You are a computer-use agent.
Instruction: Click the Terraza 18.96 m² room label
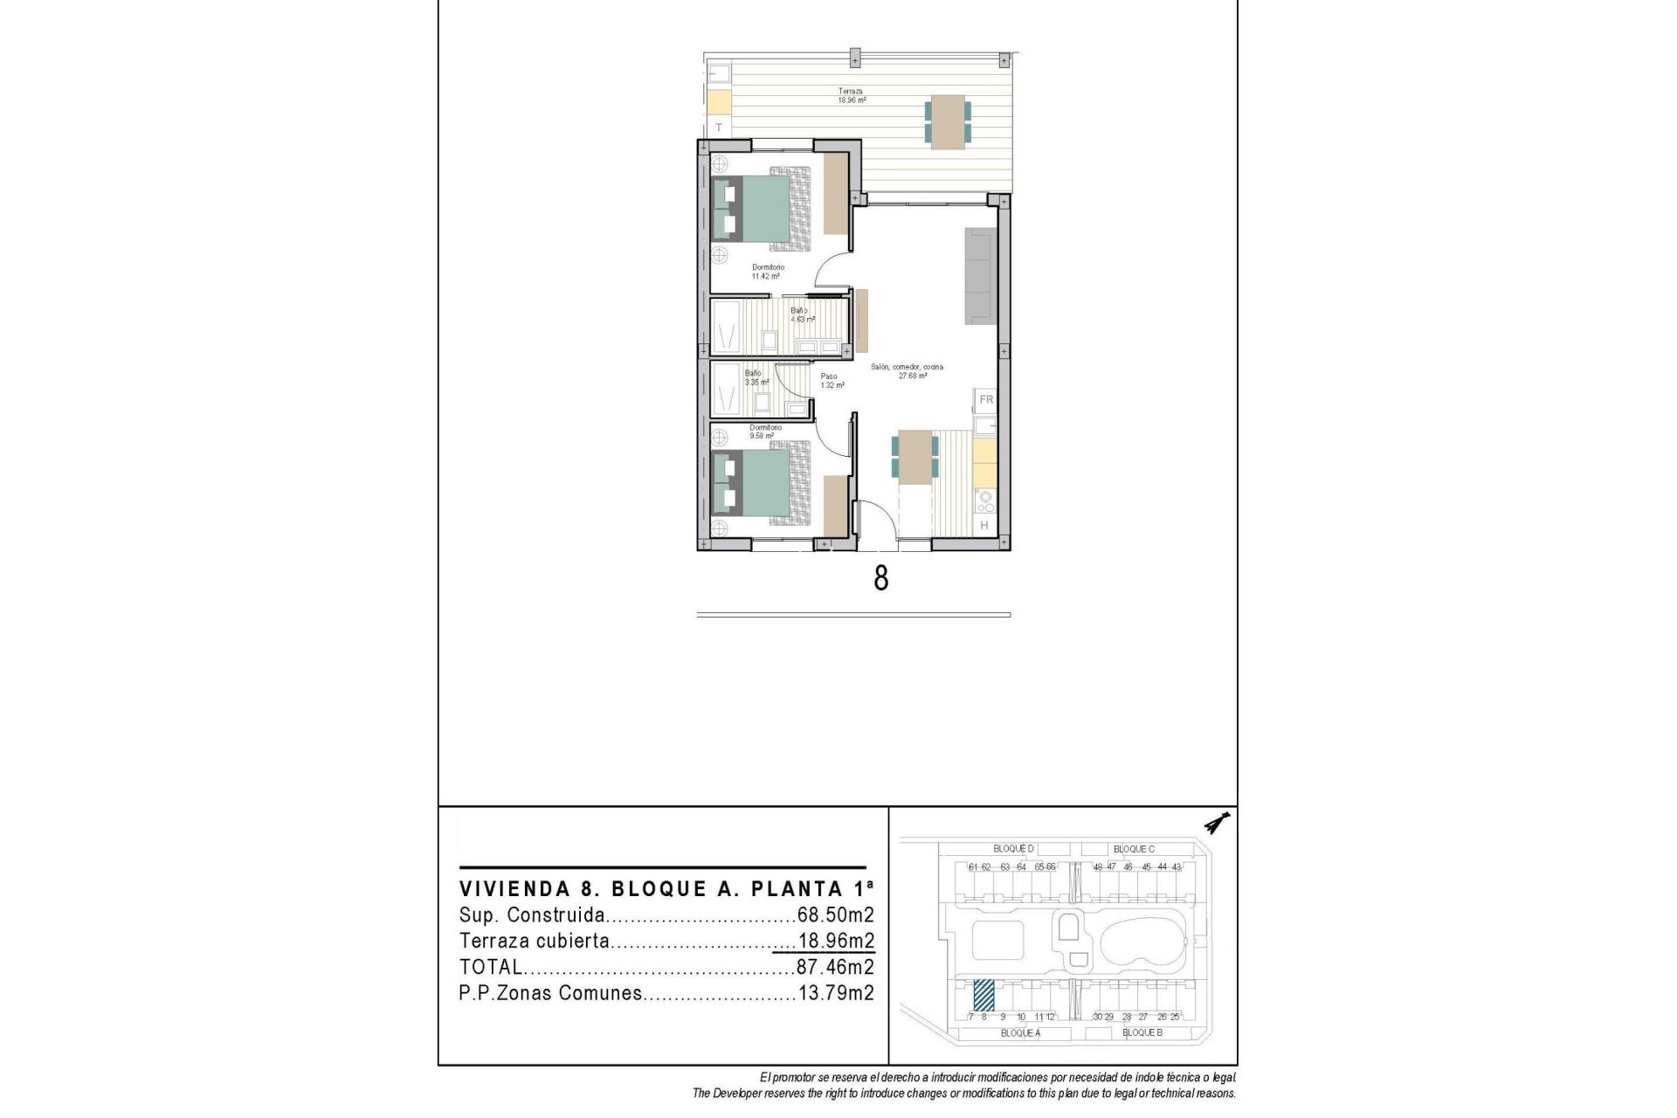[852, 95]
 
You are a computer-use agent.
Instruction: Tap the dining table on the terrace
[947, 122]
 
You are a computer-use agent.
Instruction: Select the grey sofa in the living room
[980, 276]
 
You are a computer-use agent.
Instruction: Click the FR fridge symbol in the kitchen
[986, 400]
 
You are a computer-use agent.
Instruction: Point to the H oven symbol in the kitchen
[984, 525]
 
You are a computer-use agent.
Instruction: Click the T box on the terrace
[719, 128]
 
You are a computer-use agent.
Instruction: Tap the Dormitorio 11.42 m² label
[768, 272]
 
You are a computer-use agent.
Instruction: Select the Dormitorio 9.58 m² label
[765, 431]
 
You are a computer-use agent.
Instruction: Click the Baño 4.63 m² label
[801, 315]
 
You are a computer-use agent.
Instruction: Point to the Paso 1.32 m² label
[832, 381]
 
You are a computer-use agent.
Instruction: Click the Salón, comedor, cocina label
[907, 371]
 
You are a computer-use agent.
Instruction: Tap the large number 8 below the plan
[880, 578]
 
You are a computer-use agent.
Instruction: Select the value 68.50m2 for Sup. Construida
[835, 915]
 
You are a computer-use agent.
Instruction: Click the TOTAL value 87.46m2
[835, 967]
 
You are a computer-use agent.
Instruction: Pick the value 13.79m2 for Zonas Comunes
[835, 993]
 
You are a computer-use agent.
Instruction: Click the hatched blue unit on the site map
[983, 994]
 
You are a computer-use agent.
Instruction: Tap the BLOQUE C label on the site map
[1134, 849]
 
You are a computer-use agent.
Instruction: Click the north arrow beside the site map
[1215, 823]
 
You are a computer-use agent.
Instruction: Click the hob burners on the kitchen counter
[985, 501]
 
